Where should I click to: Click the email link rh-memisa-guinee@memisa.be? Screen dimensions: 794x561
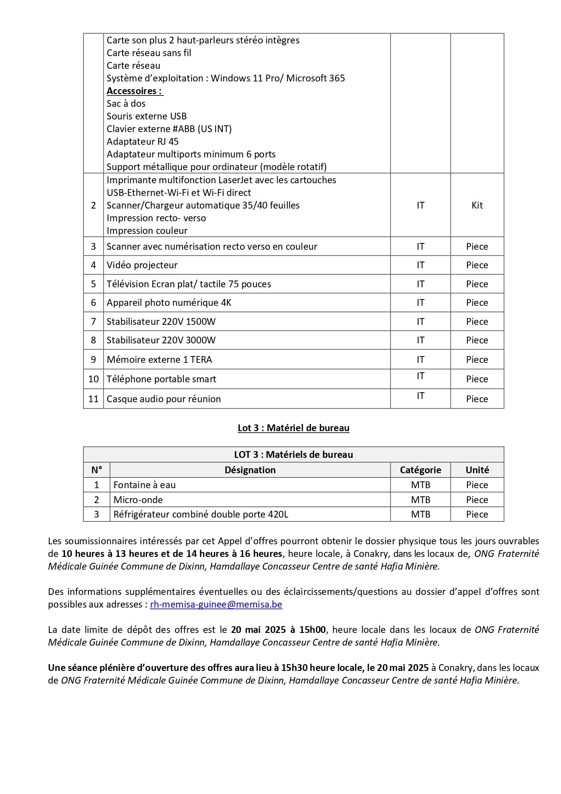point(216,604)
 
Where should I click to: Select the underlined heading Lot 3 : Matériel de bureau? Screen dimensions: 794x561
point(293,428)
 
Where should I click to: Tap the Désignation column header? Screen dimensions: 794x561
point(250,470)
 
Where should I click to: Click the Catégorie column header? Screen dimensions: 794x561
point(420,470)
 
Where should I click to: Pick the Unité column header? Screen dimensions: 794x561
point(477,470)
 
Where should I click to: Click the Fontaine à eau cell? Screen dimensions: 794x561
point(145,485)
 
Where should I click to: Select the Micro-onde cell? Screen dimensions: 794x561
point(138,500)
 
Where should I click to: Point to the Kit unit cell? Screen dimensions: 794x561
point(477,205)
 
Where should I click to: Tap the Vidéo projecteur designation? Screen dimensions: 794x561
point(142,265)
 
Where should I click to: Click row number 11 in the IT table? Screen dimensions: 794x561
point(94,399)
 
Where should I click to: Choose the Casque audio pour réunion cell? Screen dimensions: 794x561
point(164,399)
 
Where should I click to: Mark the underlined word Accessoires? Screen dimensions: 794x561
point(134,91)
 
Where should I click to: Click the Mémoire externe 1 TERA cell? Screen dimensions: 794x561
point(159,360)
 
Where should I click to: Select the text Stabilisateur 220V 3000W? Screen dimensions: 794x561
point(161,340)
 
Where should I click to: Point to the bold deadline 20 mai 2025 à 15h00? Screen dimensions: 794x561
point(278,630)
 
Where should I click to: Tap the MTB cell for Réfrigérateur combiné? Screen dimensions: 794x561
point(420,514)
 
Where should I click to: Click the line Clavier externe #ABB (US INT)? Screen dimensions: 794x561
point(169,129)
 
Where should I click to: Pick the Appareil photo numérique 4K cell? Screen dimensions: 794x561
point(169,303)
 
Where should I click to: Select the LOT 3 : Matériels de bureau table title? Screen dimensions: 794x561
point(293,455)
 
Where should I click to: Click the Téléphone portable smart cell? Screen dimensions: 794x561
point(161,379)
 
